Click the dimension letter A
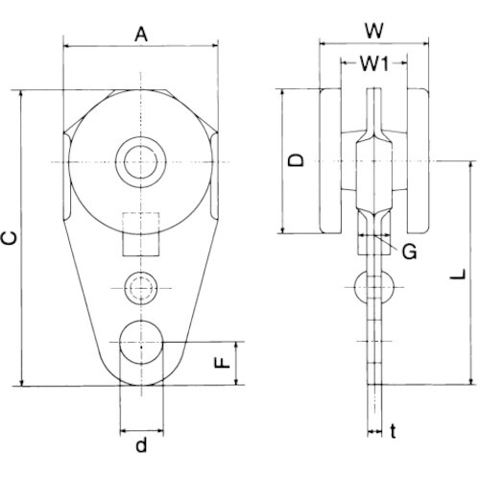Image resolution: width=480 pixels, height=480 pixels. pyautogui.click(x=141, y=35)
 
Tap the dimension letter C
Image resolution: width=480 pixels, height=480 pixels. pyautogui.click(x=11, y=238)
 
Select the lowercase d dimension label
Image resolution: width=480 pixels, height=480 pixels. pyautogui.click(x=141, y=444)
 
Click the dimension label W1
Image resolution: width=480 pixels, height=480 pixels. pyautogui.click(x=374, y=63)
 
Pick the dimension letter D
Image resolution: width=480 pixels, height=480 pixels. pyautogui.click(x=296, y=160)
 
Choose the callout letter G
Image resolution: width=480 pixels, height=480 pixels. pyautogui.click(x=409, y=252)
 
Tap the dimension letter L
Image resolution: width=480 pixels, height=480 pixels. pyautogui.click(x=458, y=275)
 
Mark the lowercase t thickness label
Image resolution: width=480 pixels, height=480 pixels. pyautogui.click(x=394, y=431)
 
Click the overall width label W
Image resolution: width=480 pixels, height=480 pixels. pyautogui.click(x=374, y=31)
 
